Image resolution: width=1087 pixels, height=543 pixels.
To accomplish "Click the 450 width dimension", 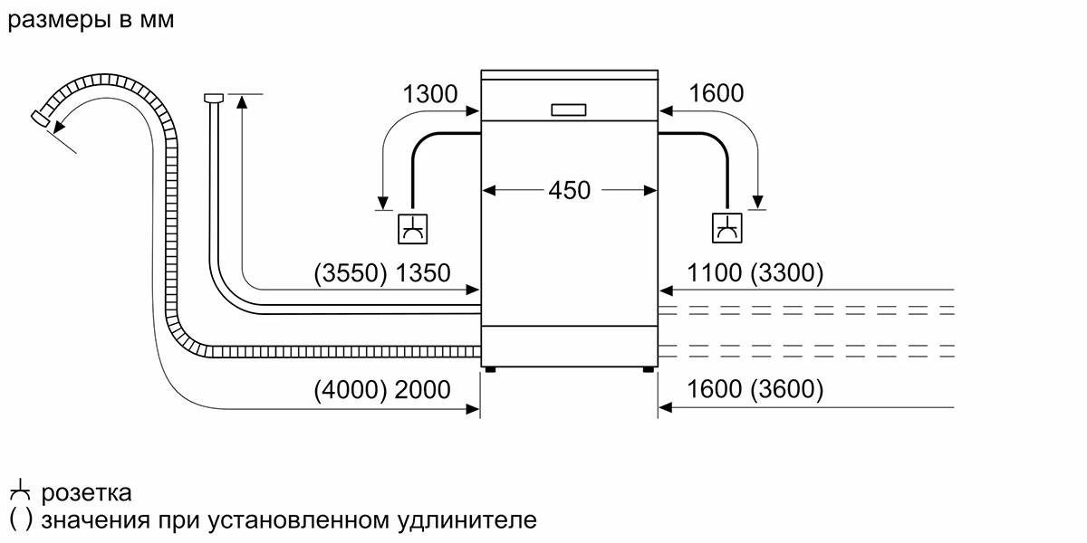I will coord(569,191).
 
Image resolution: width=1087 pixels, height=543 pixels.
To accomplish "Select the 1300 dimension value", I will coord(430,93).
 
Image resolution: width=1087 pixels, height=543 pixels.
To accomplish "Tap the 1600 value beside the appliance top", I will coord(716,93).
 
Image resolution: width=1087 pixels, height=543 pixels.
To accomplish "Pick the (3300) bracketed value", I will coord(787,273).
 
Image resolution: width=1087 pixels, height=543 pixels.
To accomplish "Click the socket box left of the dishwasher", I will coord(412,228).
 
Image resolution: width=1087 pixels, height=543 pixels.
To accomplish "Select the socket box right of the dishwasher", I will coord(726,228).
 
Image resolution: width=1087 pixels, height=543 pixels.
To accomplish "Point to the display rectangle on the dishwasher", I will coord(569,109).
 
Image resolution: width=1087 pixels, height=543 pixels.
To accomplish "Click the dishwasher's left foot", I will coord(489,368).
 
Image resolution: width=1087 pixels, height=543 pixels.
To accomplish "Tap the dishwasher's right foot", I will coord(649,368).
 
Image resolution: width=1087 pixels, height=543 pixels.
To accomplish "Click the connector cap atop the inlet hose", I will coord(215,97).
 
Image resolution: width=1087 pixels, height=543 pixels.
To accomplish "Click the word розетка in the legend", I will coord(87,493).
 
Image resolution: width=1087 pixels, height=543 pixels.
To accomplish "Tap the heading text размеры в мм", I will coord(90,20).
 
